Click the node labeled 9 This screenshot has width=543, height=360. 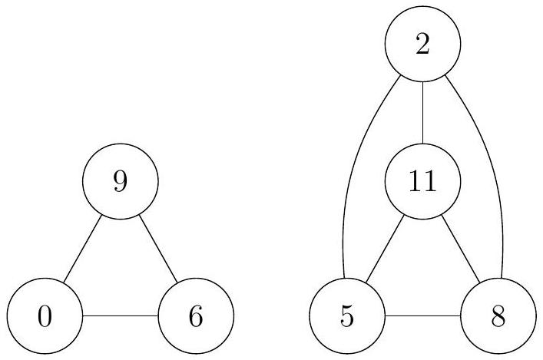[x=121, y=181]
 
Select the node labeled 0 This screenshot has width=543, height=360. [x=45, y=315]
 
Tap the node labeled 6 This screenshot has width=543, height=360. [x=196, y=315]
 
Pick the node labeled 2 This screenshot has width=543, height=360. [x=422, y=44]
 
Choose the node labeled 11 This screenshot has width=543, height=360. [x=422, y=181]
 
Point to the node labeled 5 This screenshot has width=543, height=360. [x=347, y=315]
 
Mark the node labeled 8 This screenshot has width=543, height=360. [x=498, y=315]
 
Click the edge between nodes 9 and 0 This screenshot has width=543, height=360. [x=83, y=249]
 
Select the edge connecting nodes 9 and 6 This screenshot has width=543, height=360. [x=158, y=249]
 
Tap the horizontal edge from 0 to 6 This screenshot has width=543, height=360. [x=121, y=315]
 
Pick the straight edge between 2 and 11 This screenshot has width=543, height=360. [x=422, y=113]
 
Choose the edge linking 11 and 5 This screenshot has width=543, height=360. [x=385, y=249]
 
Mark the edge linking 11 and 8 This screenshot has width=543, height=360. [x=461, y=249]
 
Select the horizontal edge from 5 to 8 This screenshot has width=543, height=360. [x=422, y=315]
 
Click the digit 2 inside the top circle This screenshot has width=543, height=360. [x=422, y=45]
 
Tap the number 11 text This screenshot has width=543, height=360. [x=422, y=181]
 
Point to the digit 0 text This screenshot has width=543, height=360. [x=45, y=316]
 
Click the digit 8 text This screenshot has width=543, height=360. [x=498, y=316]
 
